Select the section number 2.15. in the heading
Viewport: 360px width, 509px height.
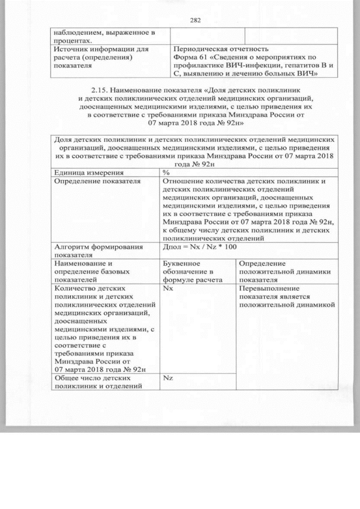(x=101, y=89)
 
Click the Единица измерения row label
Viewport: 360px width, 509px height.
(x=89, y=172)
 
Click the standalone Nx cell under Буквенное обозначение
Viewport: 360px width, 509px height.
(x=167, y=287)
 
